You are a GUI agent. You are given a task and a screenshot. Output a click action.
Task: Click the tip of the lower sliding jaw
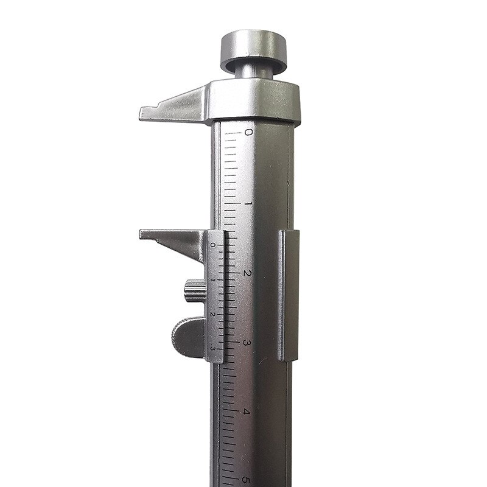(143, 234)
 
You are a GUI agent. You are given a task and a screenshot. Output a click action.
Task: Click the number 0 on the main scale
(247, 131)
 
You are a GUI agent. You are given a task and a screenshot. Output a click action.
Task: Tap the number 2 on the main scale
(247, 273)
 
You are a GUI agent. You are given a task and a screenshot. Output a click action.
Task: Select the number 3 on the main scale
(247, 343)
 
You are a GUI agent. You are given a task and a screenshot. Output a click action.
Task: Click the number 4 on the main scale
(246, 412)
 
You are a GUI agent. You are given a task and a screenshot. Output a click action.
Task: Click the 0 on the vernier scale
(212, 244)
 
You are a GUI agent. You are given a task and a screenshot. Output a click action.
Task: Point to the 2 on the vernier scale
(212, 314)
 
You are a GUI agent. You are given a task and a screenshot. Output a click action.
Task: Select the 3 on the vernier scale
(212, 348)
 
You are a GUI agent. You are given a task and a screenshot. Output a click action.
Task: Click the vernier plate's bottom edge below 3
(217, 360)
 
